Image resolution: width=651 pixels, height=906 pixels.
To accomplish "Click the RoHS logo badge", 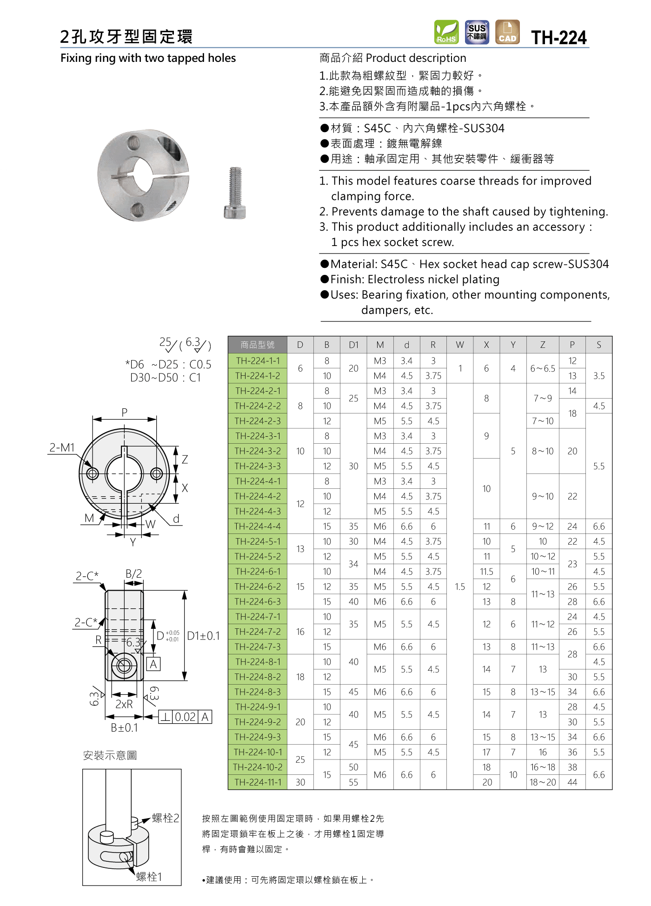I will coord(446,32).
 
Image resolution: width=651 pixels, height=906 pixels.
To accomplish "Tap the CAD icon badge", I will coord(507,32).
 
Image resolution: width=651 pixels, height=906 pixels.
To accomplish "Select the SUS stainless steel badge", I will coord(477,32).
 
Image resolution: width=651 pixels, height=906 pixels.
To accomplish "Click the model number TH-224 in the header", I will coord(559,38).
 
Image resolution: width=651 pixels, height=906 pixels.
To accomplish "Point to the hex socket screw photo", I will coord(235,193).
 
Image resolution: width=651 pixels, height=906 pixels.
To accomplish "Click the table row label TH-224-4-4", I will coord(258,526).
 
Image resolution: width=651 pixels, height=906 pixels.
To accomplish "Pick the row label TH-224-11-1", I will coord(258,782).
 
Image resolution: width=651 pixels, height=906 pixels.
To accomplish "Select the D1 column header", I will coord(353,345).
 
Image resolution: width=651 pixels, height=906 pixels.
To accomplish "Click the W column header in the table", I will coord(460,345).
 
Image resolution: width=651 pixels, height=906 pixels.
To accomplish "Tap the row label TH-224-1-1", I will coord(258,360).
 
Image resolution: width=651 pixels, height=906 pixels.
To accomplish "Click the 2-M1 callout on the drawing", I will coord(62,447).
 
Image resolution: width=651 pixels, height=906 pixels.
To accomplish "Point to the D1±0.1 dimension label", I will coord(203,636).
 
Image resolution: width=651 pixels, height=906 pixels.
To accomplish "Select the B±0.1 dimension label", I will coord(124,728).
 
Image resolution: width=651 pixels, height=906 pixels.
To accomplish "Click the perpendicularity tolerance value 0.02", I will coord(185,717).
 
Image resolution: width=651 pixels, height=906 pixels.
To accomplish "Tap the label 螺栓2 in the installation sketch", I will coord(166,818).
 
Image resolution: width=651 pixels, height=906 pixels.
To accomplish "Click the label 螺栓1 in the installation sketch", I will coord(149,877).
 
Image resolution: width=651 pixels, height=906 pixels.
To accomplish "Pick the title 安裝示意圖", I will coord(110,755).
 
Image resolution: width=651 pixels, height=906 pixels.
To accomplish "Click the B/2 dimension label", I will coord(133,573).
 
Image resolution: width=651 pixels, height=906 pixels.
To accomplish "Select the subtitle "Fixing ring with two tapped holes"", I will coord(148,58).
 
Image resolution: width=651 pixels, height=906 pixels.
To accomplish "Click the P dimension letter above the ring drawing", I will coord(124,413).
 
